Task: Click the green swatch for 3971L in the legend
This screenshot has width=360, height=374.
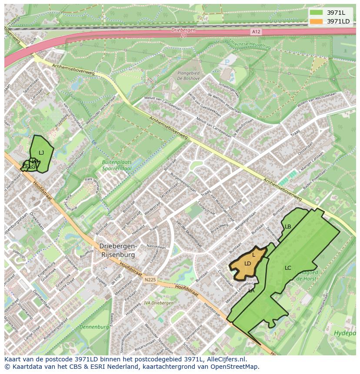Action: [316, 13]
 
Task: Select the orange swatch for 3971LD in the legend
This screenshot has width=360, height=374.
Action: [316, 21]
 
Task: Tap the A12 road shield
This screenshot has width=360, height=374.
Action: [256, 32]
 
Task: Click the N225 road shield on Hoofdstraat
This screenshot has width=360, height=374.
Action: [150, 281]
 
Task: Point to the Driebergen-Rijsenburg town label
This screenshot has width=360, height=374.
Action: [118, 250]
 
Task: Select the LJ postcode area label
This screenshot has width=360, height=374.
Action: [41, 152]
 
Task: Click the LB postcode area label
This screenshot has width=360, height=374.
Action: [288, 226]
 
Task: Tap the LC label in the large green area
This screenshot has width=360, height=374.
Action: [288, 268]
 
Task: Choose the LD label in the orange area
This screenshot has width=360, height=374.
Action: [247, 263]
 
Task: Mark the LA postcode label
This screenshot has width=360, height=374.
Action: [251, 291]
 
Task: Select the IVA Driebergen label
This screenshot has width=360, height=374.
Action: [158, 303]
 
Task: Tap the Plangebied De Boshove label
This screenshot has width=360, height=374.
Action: [188, 76]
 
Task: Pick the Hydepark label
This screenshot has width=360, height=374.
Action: [345, 333]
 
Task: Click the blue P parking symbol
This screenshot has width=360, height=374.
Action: [227, 63]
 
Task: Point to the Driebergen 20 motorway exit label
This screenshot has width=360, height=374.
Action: [183, 33]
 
